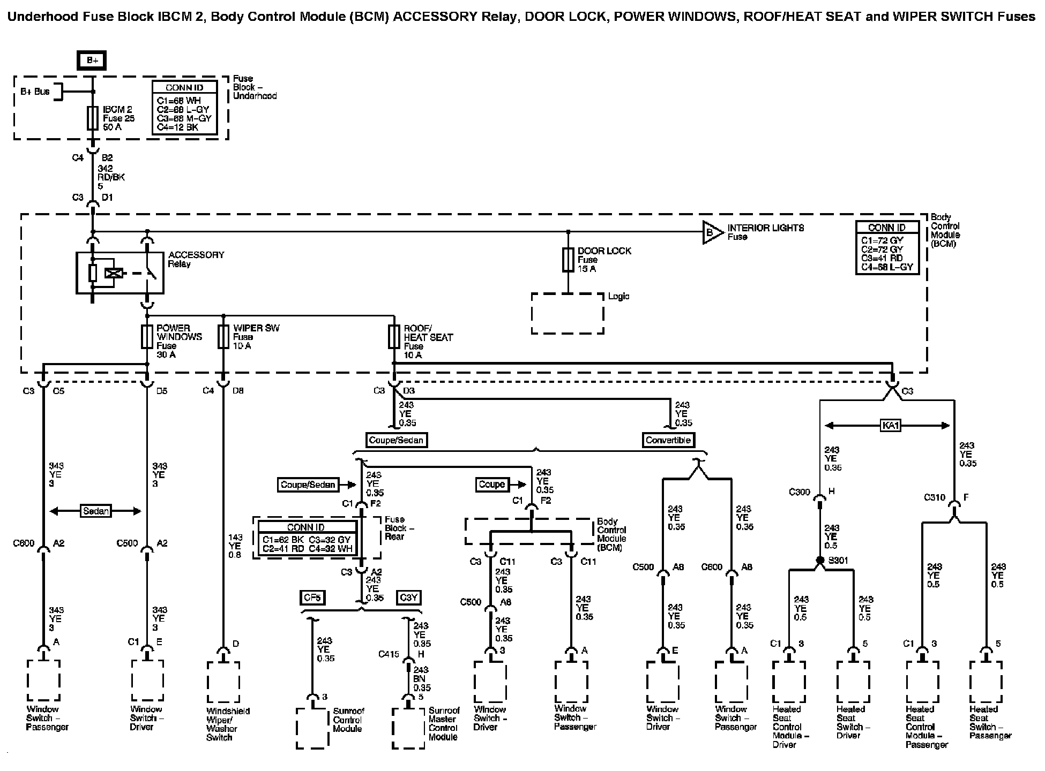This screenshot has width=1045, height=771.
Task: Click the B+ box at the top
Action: point(93,61)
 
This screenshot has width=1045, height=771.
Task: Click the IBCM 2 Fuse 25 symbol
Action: point(93,118)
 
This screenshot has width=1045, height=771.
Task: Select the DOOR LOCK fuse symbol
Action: point(568,260)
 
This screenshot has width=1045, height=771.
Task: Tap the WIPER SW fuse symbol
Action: point(223,337)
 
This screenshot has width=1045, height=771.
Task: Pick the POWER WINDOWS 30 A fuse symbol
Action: point(147,337)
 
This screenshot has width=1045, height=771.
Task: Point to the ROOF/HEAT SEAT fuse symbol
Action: point(394,337)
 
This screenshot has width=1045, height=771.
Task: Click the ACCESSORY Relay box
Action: point(120,273)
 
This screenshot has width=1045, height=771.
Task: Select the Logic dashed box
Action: point(568,313)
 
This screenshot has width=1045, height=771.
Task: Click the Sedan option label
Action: point(96,511)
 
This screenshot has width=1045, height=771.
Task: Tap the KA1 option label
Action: point(890,426)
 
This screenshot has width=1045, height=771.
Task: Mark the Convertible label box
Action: point(668,440)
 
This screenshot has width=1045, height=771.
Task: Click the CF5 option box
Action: point(312,598)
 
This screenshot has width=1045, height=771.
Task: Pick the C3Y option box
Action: point(408,598)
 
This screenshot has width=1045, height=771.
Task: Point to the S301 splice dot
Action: point(819,561)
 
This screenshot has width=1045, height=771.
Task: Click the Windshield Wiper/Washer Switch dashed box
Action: point(223,684)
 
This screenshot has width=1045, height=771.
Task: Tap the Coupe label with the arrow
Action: point(491,485)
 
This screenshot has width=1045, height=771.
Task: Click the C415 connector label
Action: point(389,654)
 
